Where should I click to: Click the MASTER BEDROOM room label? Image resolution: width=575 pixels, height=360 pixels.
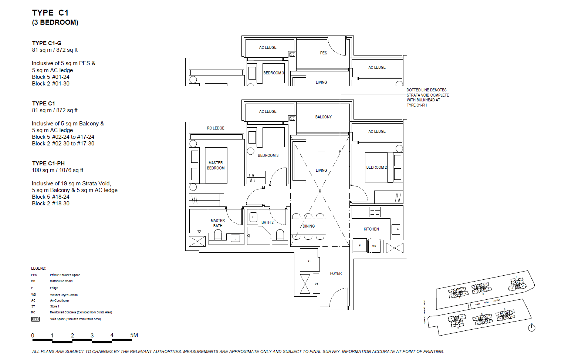216,165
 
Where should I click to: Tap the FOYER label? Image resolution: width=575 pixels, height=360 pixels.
336,273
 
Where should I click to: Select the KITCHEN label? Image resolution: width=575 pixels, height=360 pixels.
371,229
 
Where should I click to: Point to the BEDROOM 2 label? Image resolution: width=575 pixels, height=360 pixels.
376,167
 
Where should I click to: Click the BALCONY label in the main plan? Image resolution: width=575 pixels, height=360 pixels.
323,117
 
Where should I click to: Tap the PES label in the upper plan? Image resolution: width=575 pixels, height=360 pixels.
323,53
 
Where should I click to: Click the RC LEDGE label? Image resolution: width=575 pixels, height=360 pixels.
216,128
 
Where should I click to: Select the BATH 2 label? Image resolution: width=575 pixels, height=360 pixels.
267,222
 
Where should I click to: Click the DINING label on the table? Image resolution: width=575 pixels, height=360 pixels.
308,226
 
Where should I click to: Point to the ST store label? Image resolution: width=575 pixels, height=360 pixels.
309,260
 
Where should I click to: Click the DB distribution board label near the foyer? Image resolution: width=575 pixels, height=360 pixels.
317,283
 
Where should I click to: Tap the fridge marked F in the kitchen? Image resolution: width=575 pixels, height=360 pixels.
360,245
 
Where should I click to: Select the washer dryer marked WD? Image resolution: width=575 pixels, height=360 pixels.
374,246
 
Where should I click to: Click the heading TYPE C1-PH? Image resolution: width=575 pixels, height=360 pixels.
48,163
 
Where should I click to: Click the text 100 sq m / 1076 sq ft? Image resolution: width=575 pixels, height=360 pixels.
57,170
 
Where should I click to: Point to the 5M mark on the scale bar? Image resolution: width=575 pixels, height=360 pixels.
134,335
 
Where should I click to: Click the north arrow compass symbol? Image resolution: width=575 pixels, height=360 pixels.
532,327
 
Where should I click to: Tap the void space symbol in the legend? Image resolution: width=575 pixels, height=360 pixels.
35,319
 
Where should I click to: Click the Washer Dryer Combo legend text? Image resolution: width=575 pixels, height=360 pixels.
64,295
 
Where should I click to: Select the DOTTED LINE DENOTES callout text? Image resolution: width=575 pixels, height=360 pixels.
426,90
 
